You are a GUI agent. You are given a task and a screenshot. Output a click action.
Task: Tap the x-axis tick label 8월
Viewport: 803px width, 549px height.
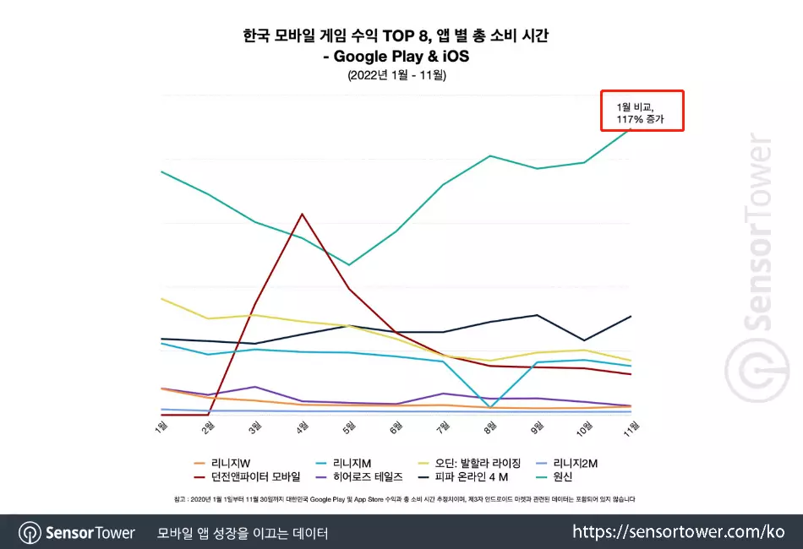click(489, 428)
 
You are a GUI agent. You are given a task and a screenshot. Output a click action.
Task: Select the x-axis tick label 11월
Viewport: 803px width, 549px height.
click(630, 428)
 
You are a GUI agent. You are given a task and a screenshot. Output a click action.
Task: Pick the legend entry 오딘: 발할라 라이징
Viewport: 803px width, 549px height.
click(478, 463)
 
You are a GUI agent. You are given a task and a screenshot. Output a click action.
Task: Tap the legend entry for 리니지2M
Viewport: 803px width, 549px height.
click(575, 463)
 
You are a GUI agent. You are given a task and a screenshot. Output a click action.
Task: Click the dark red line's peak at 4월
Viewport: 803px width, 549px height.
click(302, 214)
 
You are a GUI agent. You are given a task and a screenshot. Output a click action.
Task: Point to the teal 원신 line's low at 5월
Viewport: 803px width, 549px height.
click(349, 265)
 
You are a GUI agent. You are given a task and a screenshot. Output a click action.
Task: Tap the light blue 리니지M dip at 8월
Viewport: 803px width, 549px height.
click(491, 407)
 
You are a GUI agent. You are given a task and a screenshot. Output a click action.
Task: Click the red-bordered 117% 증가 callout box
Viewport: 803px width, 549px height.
click(642, 111)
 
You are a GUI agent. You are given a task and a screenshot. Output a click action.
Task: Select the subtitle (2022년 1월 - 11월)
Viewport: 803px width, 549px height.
click(396, 75)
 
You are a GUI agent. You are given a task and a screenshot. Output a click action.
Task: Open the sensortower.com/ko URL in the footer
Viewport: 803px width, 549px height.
click(678, 532)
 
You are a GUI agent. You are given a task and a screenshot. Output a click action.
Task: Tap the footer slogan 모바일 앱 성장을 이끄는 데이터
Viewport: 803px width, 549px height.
click(243, 533)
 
